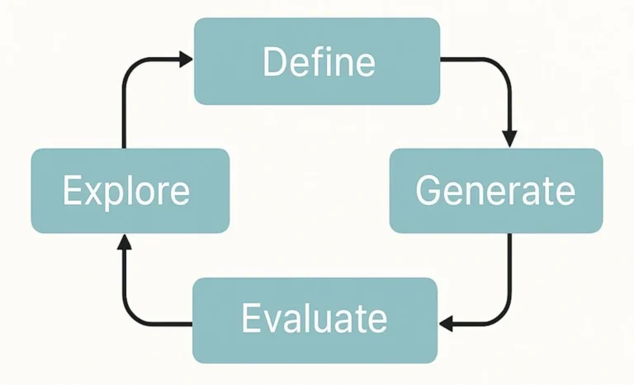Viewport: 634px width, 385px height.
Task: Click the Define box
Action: [x=316, y=61]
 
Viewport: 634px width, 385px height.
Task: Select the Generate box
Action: [x=495, y=190]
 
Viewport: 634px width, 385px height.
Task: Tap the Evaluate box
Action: [x=314, y=320]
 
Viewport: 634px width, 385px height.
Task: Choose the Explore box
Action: [x=130, y=190]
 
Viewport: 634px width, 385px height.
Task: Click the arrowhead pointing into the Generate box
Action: [x=509, y=137]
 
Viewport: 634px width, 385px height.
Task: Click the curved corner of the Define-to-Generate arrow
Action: [x=502, y=66]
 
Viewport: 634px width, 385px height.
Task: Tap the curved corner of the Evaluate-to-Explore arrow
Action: [x=130, y=316]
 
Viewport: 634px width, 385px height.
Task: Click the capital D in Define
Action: [x=274, y=63]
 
